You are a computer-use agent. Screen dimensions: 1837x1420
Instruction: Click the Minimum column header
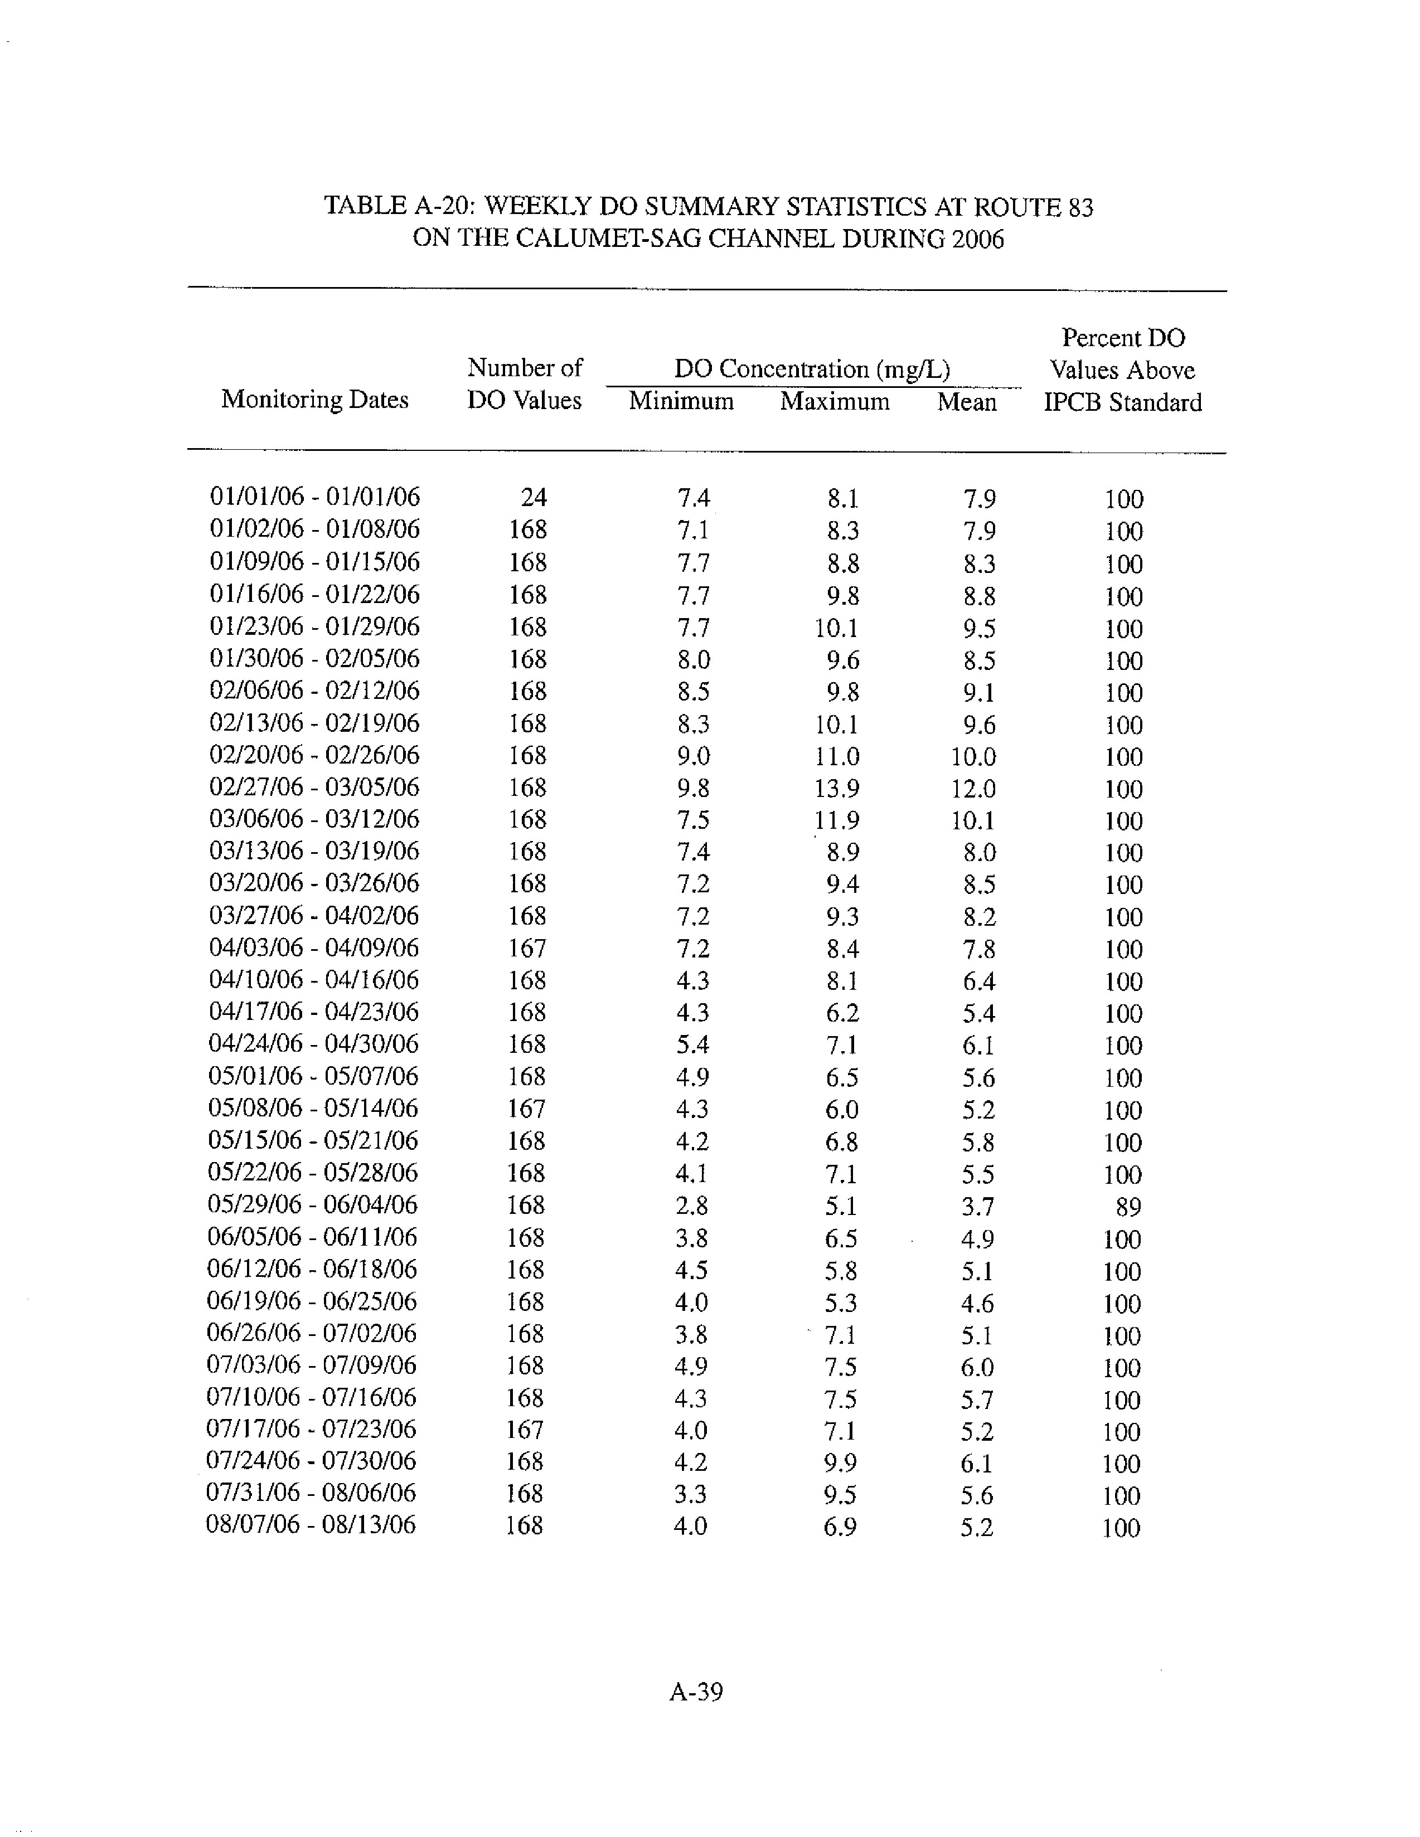[x=681, y=401]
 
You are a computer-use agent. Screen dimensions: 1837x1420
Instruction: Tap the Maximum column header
[x=835, y=401]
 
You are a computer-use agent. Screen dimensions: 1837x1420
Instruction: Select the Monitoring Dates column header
[x=314, y=400]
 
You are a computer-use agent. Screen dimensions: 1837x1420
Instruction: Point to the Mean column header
[x=967, y=402]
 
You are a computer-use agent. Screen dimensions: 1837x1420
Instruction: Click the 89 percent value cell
[x=1127, y=1207]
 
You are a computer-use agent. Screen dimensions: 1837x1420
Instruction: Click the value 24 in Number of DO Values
[x=534, y=498]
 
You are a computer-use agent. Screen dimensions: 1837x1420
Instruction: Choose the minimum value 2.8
[x=691, y=1206]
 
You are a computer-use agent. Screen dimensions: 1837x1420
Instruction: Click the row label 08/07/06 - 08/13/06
[x=311, y=1525]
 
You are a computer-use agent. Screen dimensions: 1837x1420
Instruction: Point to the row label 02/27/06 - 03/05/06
[x=314, y=788]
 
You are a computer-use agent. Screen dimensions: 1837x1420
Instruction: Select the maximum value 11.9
[x=836, y=820]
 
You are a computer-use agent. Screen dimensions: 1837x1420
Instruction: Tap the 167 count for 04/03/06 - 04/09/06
[x=527, y=949]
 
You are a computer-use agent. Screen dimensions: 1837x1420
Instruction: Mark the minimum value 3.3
[x=691, y=1494]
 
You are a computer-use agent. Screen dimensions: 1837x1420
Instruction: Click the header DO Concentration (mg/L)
[x=812, y=370]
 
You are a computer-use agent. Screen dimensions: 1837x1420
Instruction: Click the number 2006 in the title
[x=977, y=240]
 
